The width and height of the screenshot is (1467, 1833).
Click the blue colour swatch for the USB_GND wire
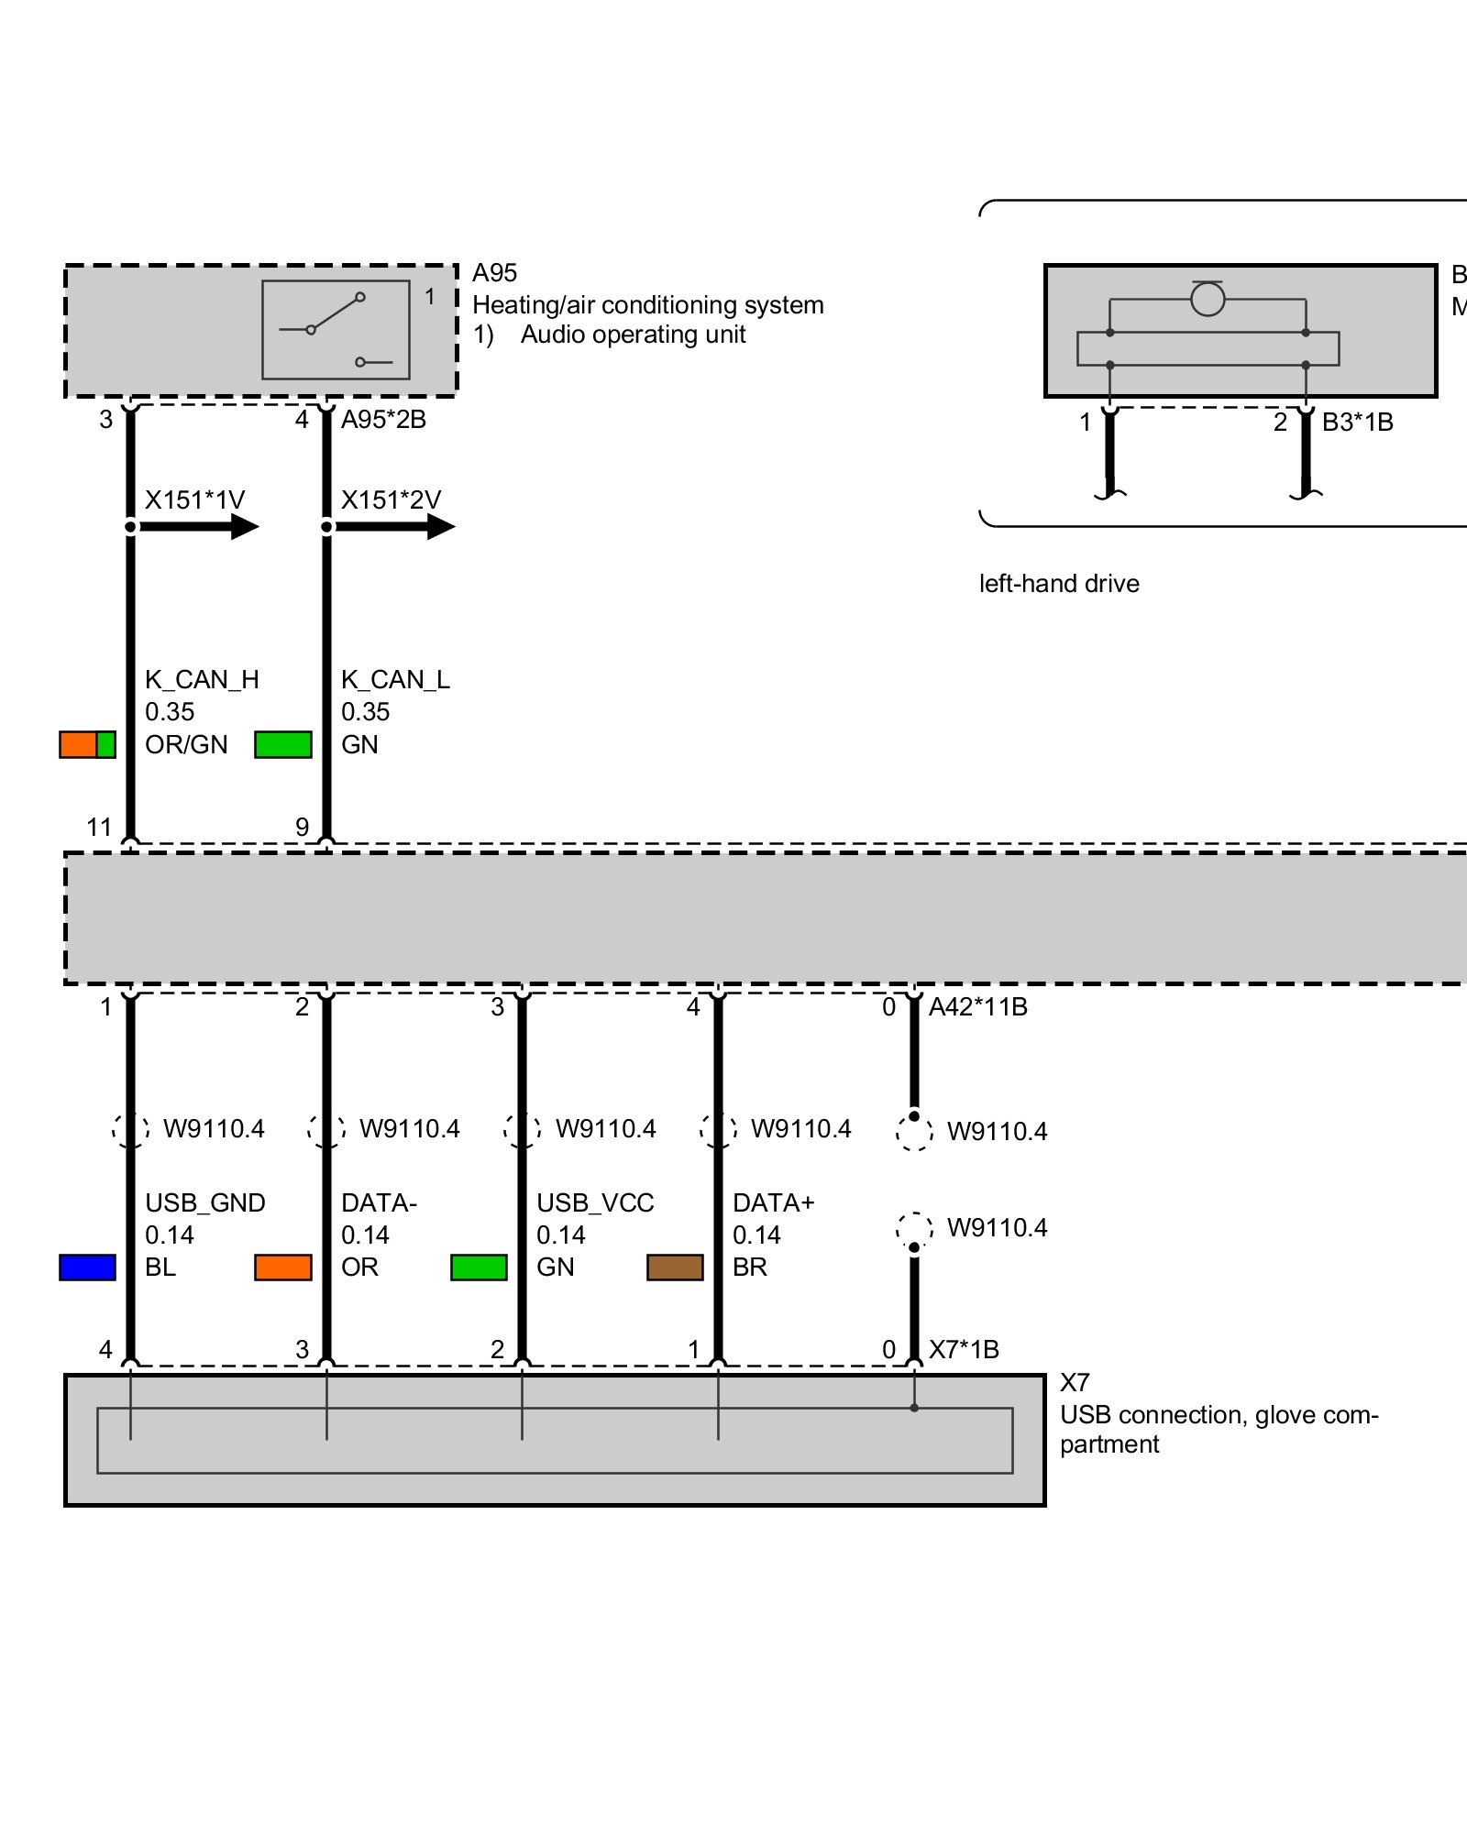click(x=87, y=1267)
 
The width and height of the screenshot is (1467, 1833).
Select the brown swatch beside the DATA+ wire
click(x=675, y=1267)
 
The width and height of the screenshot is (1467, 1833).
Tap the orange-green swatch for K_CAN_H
click(x=87, y=744)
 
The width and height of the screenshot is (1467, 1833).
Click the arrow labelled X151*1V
click(x=200, y=526)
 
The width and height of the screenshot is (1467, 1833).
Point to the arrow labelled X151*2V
click(x=395, y=526)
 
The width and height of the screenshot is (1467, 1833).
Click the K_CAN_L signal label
click(x=395, y=679)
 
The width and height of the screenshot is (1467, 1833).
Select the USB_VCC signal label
click(x=595, y=1202)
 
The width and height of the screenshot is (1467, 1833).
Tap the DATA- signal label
click(x=379, y=1202)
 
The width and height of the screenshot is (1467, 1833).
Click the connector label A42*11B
click(x=977, y=1006)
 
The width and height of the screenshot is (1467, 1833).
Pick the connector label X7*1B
click(x=964, y=1349)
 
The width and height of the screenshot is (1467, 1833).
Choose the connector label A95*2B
click(x=383, y=419)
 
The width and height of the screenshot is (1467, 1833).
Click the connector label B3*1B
click(x=1357, y=422)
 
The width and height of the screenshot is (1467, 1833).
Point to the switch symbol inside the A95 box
click(x=336, y=329)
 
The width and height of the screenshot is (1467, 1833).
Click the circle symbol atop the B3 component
click(x=1208, y=299)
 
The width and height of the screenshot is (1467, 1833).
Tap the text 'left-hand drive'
click(x=1059, y=583)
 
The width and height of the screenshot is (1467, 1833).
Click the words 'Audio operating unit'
click(x=633, y=335)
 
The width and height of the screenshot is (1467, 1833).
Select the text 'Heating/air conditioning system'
click(x=647, y=304)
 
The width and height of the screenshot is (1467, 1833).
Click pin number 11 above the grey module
click(x=99, y=828)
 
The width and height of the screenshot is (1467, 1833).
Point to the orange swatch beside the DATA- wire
click(x=282, y=1267)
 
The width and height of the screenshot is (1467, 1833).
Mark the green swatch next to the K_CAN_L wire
click(x=282, y=744)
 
